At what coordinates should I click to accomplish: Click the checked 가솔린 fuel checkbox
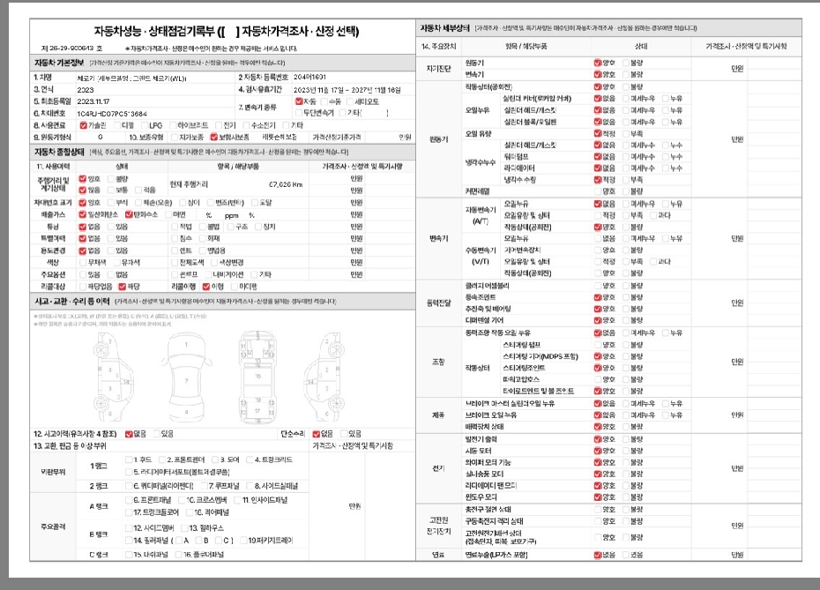pos(82,125)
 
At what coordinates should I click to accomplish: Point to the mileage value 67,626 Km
pos(285,184)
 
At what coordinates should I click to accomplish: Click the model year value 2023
pos(86,90)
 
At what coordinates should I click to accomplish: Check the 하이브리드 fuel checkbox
pos(171,125)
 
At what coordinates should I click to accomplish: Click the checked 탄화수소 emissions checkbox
pos(130,213)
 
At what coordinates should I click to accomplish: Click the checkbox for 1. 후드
pos(129,459)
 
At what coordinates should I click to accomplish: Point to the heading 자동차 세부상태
pos(445,28)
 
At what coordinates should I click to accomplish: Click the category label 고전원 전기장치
pos(438,527)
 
